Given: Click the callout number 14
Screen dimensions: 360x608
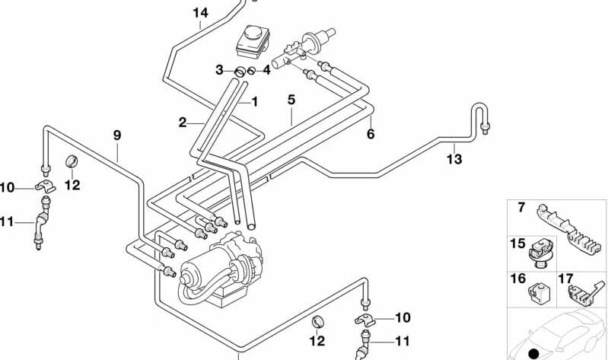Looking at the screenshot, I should coord(199,13).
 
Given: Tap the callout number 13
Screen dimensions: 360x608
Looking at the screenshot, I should coord(454,159).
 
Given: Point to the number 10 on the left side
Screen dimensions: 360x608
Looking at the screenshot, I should coord(7,188).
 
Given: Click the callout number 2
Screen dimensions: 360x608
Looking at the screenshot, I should coord(183,122).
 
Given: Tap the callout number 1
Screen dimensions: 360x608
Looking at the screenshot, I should coord(255,101).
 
